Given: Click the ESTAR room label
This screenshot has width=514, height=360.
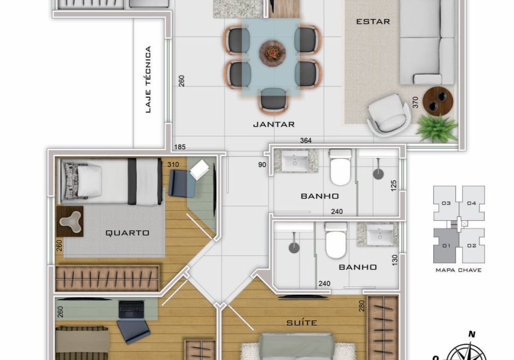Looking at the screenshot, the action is point(373,22).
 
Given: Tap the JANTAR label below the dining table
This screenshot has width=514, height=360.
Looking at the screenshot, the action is point(274,124).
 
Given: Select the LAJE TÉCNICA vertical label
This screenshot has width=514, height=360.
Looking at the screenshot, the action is point(148,79).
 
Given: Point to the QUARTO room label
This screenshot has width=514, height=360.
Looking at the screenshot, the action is point(127,233).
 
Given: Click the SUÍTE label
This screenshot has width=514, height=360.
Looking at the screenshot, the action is point(302,323).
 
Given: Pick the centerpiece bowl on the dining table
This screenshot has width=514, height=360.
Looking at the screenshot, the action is point(272,53).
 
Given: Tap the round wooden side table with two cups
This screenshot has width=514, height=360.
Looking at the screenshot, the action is point(437,101).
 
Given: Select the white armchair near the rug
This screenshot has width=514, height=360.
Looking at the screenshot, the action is point(389,115).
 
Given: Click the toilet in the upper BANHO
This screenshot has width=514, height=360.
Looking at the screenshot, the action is point(341,167).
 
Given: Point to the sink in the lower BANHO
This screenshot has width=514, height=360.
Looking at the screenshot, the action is point(380,234).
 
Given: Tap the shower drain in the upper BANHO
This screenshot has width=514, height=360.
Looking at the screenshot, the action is point(378,173).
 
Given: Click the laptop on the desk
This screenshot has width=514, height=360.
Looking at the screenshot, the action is point(131,309).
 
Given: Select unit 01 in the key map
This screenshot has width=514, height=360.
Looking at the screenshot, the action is point(446,246).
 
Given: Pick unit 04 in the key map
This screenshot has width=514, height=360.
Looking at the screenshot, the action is point(471,203).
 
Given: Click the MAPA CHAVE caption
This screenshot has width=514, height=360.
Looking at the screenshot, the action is point(458,270).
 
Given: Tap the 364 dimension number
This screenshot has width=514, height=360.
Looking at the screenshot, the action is point(305,140).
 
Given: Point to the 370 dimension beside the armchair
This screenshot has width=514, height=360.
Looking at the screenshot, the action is point(415,102).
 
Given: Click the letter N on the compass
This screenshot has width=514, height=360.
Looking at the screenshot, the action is point(472,334).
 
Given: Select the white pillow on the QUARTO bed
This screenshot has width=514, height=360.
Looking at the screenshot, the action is point(89,181).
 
